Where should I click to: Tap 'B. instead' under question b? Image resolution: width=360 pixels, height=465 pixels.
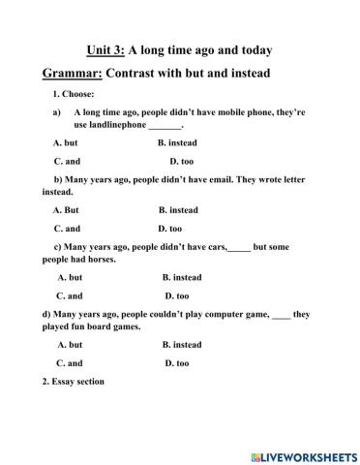pos(178,209)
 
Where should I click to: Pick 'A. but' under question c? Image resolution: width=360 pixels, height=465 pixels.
pos(70,277)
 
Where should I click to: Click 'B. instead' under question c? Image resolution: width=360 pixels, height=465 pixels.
pos(182,277)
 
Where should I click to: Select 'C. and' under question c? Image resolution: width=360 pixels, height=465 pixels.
pos(70,295)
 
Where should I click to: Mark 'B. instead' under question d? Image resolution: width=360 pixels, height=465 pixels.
pos(182,344)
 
